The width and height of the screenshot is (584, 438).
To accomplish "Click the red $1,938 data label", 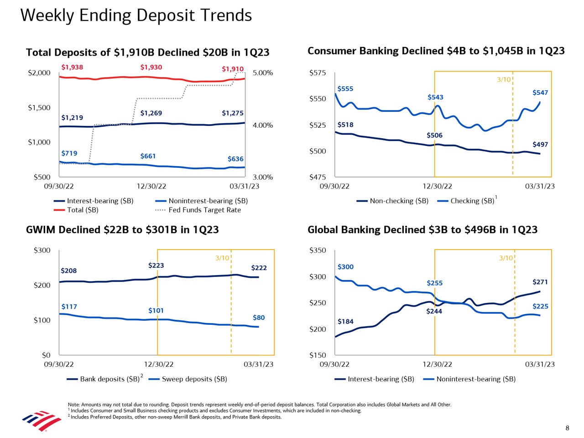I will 72,67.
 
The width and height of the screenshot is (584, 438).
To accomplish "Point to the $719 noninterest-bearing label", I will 69,153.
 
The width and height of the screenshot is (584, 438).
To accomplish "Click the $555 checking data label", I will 345,89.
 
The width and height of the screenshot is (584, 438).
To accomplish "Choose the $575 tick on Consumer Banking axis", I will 318,73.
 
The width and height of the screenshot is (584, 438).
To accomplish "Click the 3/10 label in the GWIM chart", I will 222,258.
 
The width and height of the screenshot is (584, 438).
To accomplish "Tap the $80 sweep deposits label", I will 259,318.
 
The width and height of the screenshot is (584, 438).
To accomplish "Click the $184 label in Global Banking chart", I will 345,322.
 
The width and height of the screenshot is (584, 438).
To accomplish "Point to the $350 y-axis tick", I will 318,250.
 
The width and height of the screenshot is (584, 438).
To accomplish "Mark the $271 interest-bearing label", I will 540,282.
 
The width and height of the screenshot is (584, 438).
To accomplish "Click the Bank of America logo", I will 42,420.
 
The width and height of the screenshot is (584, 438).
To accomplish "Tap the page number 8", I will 567,428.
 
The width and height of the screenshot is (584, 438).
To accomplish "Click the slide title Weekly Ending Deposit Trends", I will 136,16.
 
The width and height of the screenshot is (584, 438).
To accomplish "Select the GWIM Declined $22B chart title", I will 122,229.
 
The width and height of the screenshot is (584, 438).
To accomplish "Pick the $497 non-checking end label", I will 540,144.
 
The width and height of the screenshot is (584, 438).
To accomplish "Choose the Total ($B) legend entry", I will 82,210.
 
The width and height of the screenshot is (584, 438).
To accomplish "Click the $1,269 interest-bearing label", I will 151,113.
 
